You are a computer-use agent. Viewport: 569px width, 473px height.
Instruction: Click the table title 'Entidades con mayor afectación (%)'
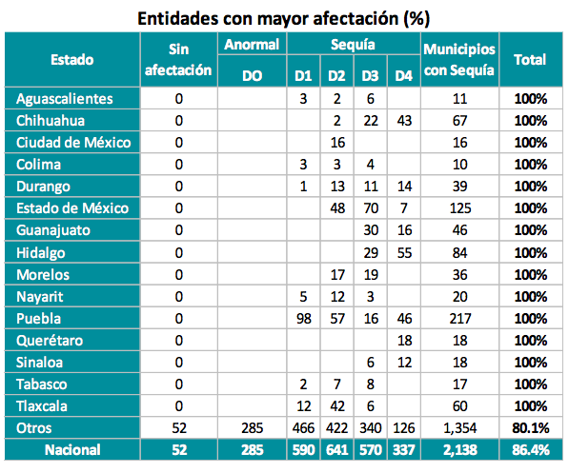(284, 18)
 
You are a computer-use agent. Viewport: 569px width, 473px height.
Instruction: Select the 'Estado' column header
(72, 59)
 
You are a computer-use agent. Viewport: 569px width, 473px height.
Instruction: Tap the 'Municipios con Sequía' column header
(459, 59)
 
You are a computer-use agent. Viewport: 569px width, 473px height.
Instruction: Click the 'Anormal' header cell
(252, 44)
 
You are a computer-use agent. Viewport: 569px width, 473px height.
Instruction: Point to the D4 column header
(404, 76)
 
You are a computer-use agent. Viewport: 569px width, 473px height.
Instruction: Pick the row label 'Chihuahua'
(51, 121)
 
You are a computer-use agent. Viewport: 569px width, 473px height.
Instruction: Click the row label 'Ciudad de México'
(73, 143)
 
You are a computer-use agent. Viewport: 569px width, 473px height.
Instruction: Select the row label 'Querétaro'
(50, 341)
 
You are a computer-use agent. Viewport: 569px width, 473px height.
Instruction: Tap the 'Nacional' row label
(72, 450)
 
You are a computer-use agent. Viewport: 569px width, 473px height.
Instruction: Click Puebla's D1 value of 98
(304, 319)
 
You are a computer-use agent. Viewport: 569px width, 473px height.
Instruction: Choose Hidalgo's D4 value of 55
(404, 252)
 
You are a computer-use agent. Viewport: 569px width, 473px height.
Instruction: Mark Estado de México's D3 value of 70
(371, 208)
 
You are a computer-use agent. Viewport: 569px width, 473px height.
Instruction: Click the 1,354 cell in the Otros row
(459, 428)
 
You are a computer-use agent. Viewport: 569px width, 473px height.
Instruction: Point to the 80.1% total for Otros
(531, 428)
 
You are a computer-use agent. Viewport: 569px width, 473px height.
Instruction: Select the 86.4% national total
(531, 450)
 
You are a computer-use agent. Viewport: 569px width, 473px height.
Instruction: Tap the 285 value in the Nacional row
(253, 450)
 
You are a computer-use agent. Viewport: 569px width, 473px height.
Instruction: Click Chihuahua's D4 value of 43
(404, 121)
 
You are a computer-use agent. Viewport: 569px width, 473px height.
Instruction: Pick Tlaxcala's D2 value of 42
(337, 406)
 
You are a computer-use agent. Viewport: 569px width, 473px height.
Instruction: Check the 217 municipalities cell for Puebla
(459, 319)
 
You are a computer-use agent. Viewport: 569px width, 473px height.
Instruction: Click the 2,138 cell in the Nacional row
(459, 450)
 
